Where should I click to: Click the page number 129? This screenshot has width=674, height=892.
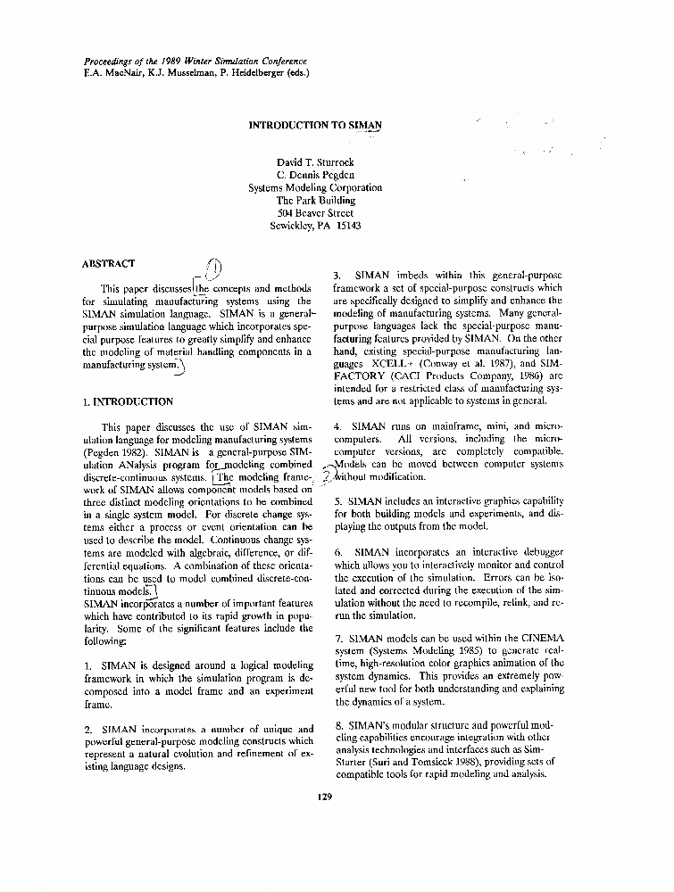(324, 797)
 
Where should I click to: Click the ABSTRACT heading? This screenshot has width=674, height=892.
(108, 263)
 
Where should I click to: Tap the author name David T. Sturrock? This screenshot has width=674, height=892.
(315, 162)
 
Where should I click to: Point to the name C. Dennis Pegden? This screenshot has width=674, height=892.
(315, 175)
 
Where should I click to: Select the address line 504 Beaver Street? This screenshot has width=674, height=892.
(315, 213)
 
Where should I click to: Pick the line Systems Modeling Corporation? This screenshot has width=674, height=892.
(315, 188)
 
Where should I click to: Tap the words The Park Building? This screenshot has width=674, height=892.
(315, 201)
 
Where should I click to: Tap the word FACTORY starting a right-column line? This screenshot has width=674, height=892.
(362, 376)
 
